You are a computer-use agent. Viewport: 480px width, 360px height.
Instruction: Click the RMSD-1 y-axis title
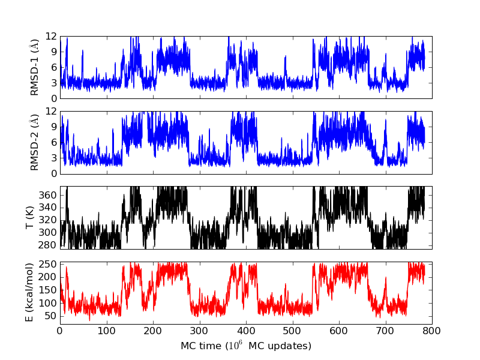pos(34,67)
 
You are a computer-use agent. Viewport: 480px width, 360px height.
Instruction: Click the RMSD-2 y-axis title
pos(34,142)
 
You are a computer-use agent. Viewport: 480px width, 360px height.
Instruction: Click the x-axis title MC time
pos(245,346)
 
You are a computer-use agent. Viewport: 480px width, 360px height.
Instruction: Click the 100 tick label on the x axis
pos(106,330)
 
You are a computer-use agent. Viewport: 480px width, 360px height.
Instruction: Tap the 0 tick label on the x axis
pos(60,330)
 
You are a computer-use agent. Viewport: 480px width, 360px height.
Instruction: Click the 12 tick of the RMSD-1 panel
pos(50,36)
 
